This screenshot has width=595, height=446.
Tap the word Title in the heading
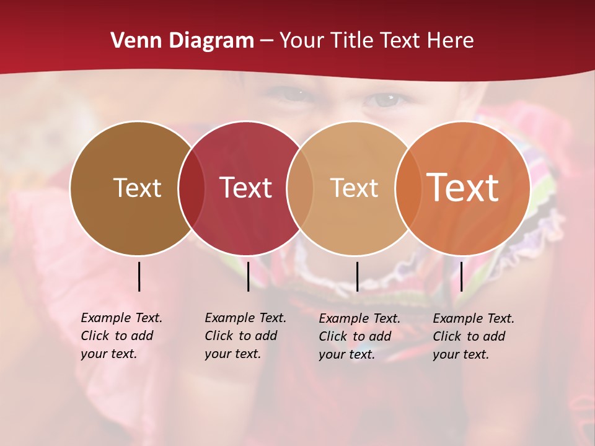351,41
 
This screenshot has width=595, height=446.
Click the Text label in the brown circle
137,188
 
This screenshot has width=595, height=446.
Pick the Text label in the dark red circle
245,188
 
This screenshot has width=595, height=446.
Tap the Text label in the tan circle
354,188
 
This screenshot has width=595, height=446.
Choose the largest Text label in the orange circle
463,188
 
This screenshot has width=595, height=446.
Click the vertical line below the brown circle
139,276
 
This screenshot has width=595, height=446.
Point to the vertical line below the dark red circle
248,276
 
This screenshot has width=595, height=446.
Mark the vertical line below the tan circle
357,276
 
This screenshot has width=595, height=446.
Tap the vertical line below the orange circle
461,276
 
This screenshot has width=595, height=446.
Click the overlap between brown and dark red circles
192,188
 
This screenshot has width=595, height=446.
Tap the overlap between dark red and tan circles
300,188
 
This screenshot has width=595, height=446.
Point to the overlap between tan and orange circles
408,188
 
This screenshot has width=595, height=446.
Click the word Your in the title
301,41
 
